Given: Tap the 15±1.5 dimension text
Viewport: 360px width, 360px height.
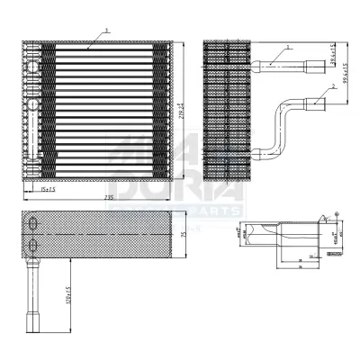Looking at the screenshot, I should coord(47,189).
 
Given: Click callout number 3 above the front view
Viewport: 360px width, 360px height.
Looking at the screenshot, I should coord(106,30).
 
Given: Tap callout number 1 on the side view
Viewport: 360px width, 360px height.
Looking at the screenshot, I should coord(286,47).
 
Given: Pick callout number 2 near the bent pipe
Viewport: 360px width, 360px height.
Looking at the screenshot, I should coord(333,86).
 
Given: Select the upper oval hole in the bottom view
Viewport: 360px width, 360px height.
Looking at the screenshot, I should coord(33,224).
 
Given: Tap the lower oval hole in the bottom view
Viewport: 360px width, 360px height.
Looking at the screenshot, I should coord(33,245).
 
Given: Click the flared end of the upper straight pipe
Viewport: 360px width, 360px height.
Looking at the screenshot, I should coord(314,64).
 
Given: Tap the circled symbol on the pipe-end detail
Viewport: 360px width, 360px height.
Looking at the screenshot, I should coord(336,214).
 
